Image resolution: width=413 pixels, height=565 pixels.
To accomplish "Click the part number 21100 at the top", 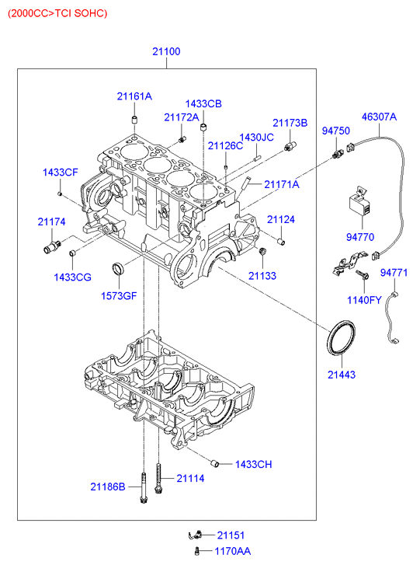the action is tap(166, 51).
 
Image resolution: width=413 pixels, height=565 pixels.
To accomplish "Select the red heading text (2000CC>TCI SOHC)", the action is tap(57, 13).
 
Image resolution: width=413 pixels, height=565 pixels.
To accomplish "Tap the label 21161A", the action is tap(134, 96).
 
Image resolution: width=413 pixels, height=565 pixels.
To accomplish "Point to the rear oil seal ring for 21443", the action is tap(341, 337).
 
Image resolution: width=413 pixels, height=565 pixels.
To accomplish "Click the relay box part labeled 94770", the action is tap(361, 203).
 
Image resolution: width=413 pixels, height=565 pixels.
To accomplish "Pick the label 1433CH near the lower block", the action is tap(254, 464).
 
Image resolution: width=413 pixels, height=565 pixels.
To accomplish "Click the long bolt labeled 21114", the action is tap(159, 479).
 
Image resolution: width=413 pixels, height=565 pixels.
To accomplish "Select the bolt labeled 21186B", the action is tap(144, 488).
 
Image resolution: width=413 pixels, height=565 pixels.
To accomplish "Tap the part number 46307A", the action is tap(379, 117).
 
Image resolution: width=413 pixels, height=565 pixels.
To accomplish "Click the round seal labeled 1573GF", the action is tap(118, 268).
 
